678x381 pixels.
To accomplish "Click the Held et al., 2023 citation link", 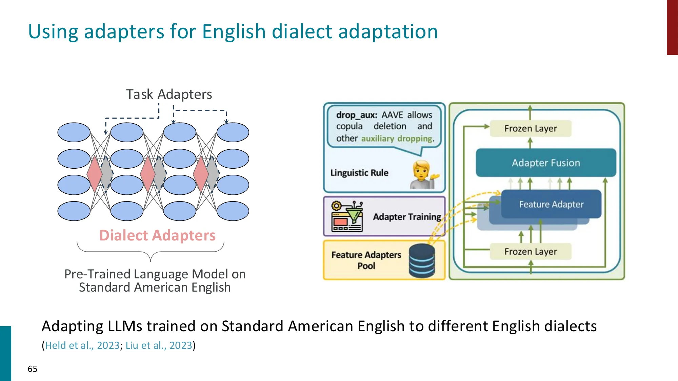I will click(82, 345).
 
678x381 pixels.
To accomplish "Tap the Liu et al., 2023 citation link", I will click(159, 345).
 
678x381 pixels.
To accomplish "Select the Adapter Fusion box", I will click(546, 163).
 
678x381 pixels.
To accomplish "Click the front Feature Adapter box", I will click(551, 204).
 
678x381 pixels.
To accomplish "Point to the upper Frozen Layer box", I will click(531, 129).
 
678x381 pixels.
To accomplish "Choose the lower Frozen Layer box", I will click(531, 252).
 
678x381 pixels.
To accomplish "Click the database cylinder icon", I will click(422, 261).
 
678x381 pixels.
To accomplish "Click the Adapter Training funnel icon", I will click(347, 216).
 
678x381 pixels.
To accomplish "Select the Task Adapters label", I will click(169, 94).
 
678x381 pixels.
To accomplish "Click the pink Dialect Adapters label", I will click(157, 235).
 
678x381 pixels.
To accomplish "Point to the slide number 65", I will click(33, 369).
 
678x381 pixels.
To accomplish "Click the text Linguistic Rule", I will click(359, 173).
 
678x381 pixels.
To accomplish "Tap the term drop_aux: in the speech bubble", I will click(356, 115).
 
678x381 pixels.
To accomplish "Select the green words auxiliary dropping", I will click(397, 139).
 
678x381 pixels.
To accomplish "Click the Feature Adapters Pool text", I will click(366, 260).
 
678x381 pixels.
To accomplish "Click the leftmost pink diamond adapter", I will click(94, 174).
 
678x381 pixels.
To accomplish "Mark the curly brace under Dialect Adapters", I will click(151, 252).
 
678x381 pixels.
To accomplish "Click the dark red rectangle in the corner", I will click(672, 27).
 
